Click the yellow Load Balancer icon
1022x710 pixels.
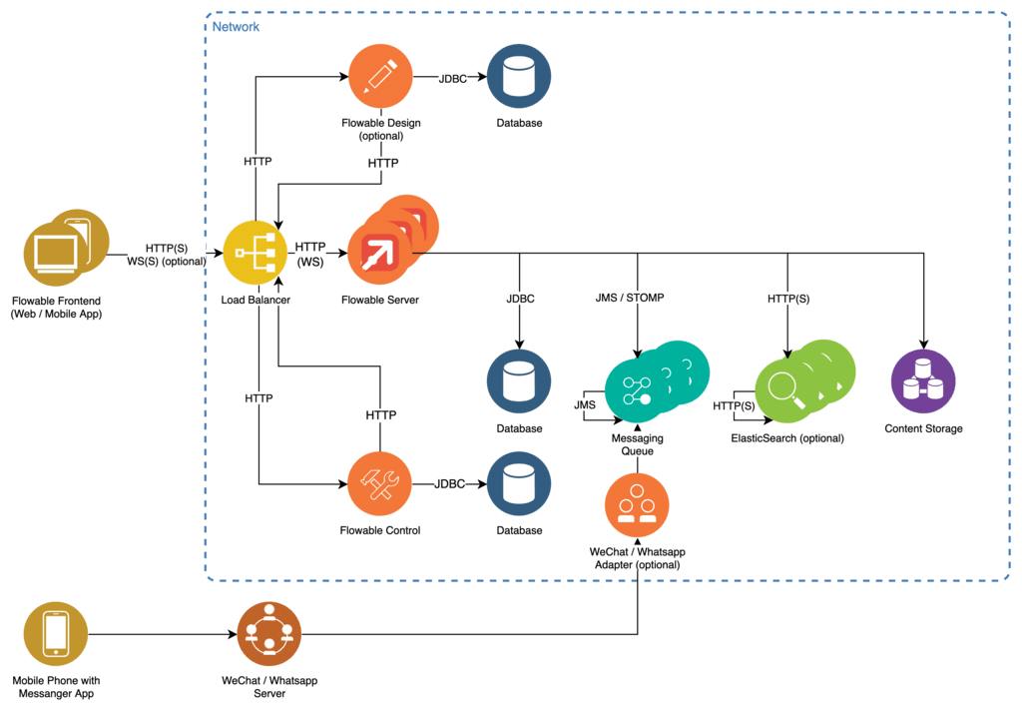tap(255, 254)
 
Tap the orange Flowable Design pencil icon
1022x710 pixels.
tap(380, 77)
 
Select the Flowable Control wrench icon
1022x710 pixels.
tap(379, 483)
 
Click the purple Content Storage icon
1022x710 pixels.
tap(923, 381)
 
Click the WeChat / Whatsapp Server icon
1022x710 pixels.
tap(268, 634)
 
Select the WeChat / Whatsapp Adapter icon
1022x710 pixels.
tap(637, 505)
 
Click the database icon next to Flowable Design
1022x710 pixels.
tap(519, 77)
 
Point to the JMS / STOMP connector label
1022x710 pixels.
tap(630, 298)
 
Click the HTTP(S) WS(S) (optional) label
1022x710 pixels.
tap(166, 255)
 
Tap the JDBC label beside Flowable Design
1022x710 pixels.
tap(453, 78)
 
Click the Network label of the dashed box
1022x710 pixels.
tap(236, 27)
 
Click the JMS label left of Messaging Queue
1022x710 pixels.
tap(585, 404)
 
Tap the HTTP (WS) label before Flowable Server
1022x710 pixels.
tap(310, 254)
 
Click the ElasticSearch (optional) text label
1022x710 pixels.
tap(787, 438)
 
